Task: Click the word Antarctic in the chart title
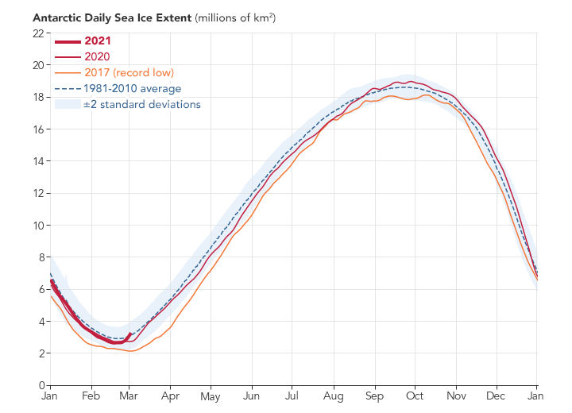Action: tap(56, 17)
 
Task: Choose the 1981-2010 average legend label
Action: tap(132, 88)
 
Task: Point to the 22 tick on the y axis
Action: tap(37, 33)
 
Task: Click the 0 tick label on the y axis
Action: tap(40, 386)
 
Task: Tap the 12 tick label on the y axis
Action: tap(37, 194)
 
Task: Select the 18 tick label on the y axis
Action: tap(37, 98)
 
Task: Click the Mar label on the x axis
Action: tap(129, 396)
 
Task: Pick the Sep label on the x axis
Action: tap(375, 396)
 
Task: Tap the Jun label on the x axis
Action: tap(252, 396)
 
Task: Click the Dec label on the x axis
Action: tap(496, 396)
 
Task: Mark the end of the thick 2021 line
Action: tap(129, 334)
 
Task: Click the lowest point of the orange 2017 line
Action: tap(130, 351)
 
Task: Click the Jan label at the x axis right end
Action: tap(536, 396)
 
